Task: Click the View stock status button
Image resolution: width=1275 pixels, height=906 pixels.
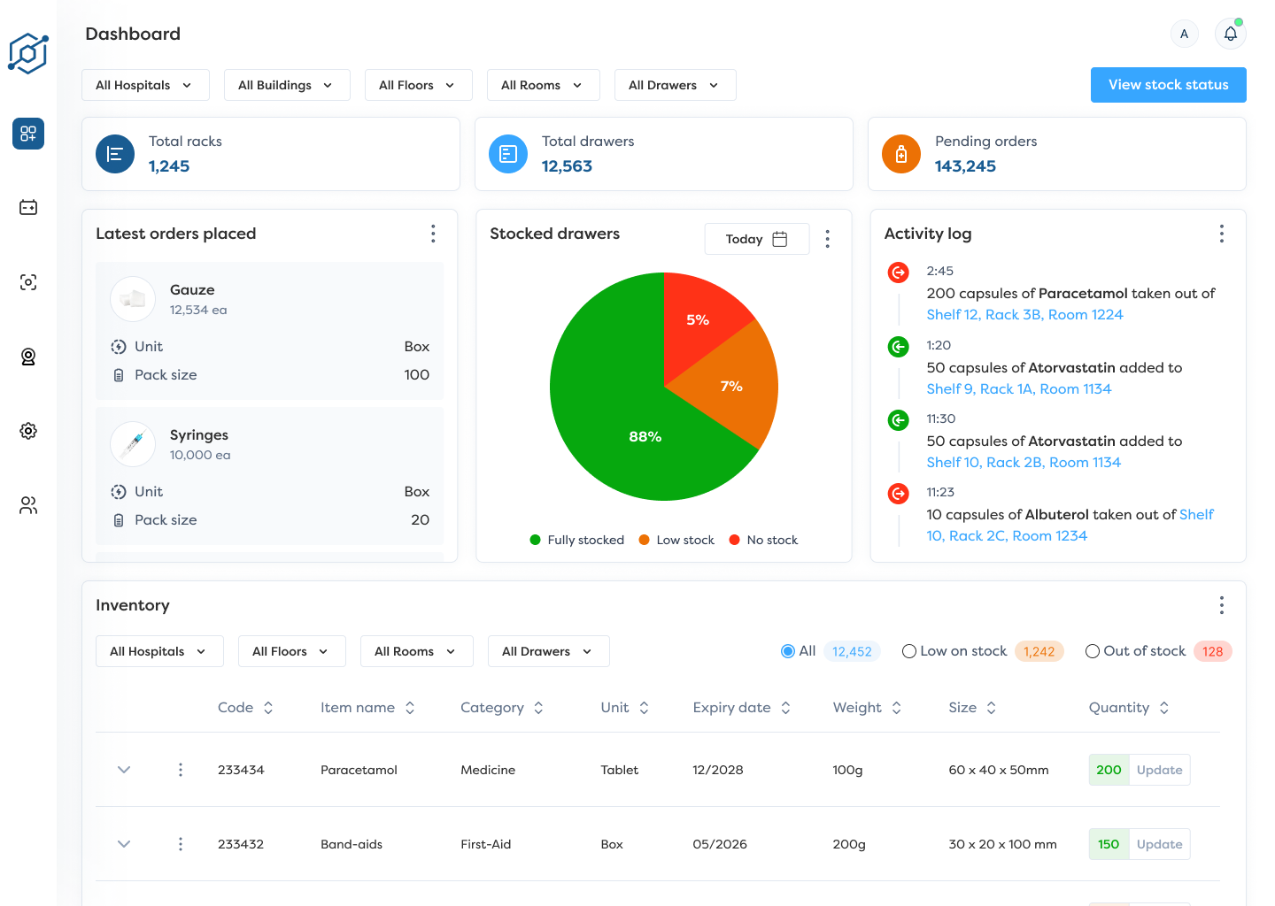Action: (x=1168, y=85)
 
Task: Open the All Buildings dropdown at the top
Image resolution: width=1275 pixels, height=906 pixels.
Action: (x=286, y=85)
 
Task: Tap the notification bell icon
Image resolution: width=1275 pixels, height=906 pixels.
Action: (x=1230, y=35)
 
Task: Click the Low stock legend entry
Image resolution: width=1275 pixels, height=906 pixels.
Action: (x=676, y=540)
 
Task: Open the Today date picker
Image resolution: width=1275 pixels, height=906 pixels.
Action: (x=756, y=239)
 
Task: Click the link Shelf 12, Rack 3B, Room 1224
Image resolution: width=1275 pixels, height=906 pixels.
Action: (x=1024, y=315)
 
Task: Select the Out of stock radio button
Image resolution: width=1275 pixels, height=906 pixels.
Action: (x=1093, y=651)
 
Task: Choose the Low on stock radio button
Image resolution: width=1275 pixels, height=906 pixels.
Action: (x=909, y=651)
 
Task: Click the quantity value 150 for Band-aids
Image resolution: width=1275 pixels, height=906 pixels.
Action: (x=1109, y=844)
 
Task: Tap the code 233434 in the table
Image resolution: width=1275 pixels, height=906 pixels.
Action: (x=241, y=770)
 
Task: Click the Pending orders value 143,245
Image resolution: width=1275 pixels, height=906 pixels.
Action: (x=965, y=166)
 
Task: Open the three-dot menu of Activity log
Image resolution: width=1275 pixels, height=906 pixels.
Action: (x=1221, y=234)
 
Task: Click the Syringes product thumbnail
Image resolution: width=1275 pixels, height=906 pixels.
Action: (x=133, y=443)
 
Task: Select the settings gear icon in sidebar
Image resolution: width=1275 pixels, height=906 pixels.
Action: (x=28, y=431)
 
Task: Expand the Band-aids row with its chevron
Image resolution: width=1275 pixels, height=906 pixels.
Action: (x=124, y=844)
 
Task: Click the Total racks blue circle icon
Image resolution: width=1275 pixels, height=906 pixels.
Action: (x=115, y=154)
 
